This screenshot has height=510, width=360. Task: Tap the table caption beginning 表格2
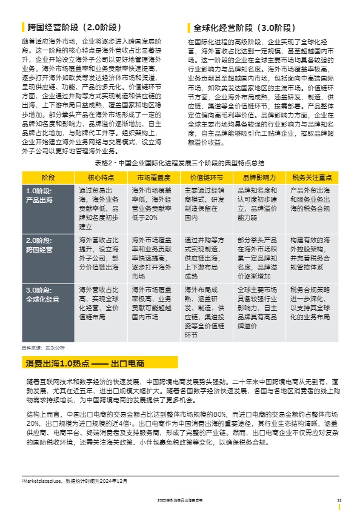[x=179, y=164]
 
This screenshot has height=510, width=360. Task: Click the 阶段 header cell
[x=48, y=177]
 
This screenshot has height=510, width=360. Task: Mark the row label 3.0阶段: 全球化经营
[x=42, y=294]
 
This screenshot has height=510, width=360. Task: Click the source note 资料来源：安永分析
[x=43, y=348]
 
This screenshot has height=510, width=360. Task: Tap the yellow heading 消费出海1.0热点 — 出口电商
[x=85, y=363]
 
